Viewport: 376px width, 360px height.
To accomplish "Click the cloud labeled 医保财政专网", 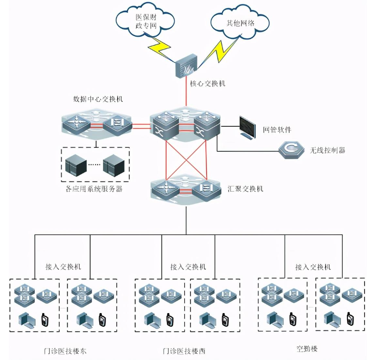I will coord(145,21).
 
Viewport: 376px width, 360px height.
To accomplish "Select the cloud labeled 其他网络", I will coord(239,23).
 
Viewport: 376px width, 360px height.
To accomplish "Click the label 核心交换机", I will coord(208,83).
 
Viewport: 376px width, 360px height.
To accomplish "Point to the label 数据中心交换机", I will coord(98,99).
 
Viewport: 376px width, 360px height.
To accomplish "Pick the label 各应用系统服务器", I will coord(95,189).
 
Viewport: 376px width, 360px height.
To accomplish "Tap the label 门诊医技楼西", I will coord(184,351).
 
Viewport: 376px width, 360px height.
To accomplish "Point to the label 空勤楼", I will coord(306,349).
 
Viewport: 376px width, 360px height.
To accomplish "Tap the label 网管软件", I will coord(277,129).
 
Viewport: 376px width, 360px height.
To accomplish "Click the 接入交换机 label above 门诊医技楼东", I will coord(63,266).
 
